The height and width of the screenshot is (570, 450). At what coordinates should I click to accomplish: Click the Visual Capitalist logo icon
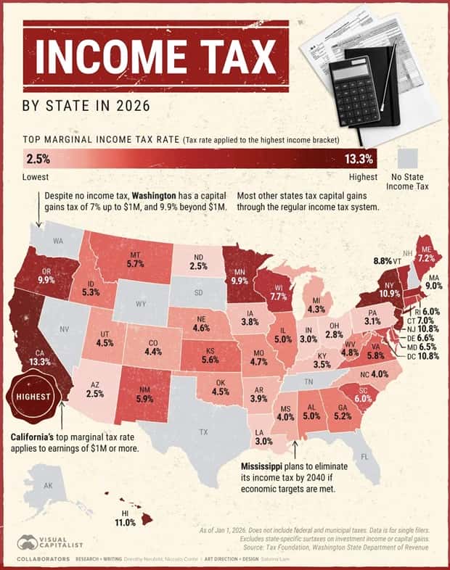(29, 542)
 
